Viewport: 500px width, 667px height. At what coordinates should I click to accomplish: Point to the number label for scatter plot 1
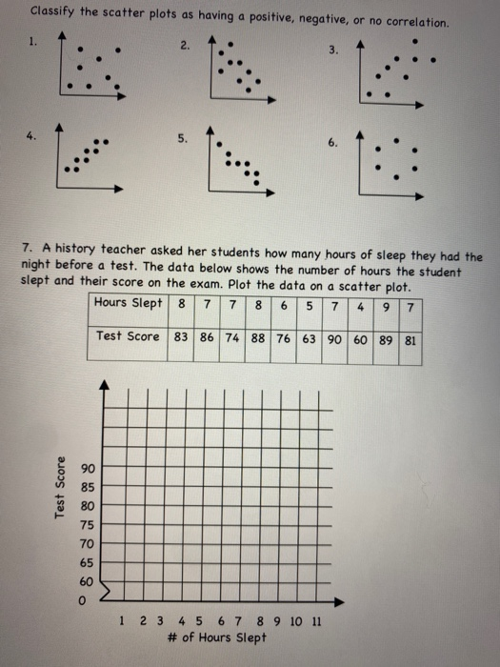33,43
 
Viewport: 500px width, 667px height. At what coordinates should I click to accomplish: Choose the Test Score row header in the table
128,336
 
